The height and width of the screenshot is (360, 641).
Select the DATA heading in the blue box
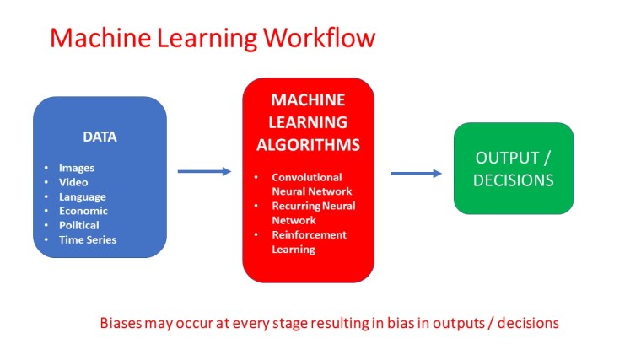(100, 137)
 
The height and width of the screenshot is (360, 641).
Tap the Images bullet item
(76, 168)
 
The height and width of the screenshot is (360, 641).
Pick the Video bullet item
(73, 182)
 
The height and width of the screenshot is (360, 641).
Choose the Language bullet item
(82, 196)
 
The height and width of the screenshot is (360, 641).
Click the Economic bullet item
(83, 211)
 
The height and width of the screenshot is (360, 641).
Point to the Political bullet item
(78, 225)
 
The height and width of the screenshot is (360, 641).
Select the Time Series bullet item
(87, 239)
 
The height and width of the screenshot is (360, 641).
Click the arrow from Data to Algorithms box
(204, 171)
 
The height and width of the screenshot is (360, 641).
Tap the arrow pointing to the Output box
(416, 174)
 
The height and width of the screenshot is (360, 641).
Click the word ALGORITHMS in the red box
(308, 145)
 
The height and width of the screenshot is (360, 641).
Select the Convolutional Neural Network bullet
(306, 185)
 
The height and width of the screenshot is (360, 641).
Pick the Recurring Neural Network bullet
(313, 212)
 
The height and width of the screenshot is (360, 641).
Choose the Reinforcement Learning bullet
(309, 242)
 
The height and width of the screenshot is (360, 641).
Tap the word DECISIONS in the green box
(513, 180)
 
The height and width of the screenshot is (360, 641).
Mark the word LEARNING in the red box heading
(308, 122)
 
